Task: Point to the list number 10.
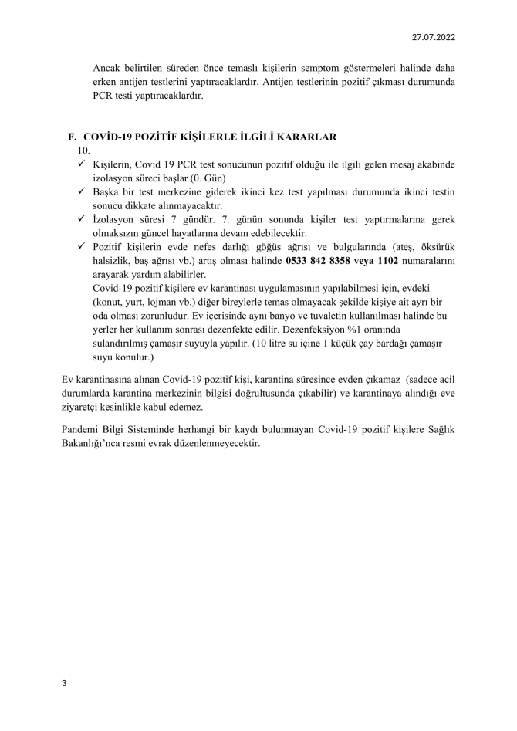(85, 151)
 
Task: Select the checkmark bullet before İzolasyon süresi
(82, 218)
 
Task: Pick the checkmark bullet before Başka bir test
(82, 191)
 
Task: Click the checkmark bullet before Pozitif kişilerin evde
(82, 246)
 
